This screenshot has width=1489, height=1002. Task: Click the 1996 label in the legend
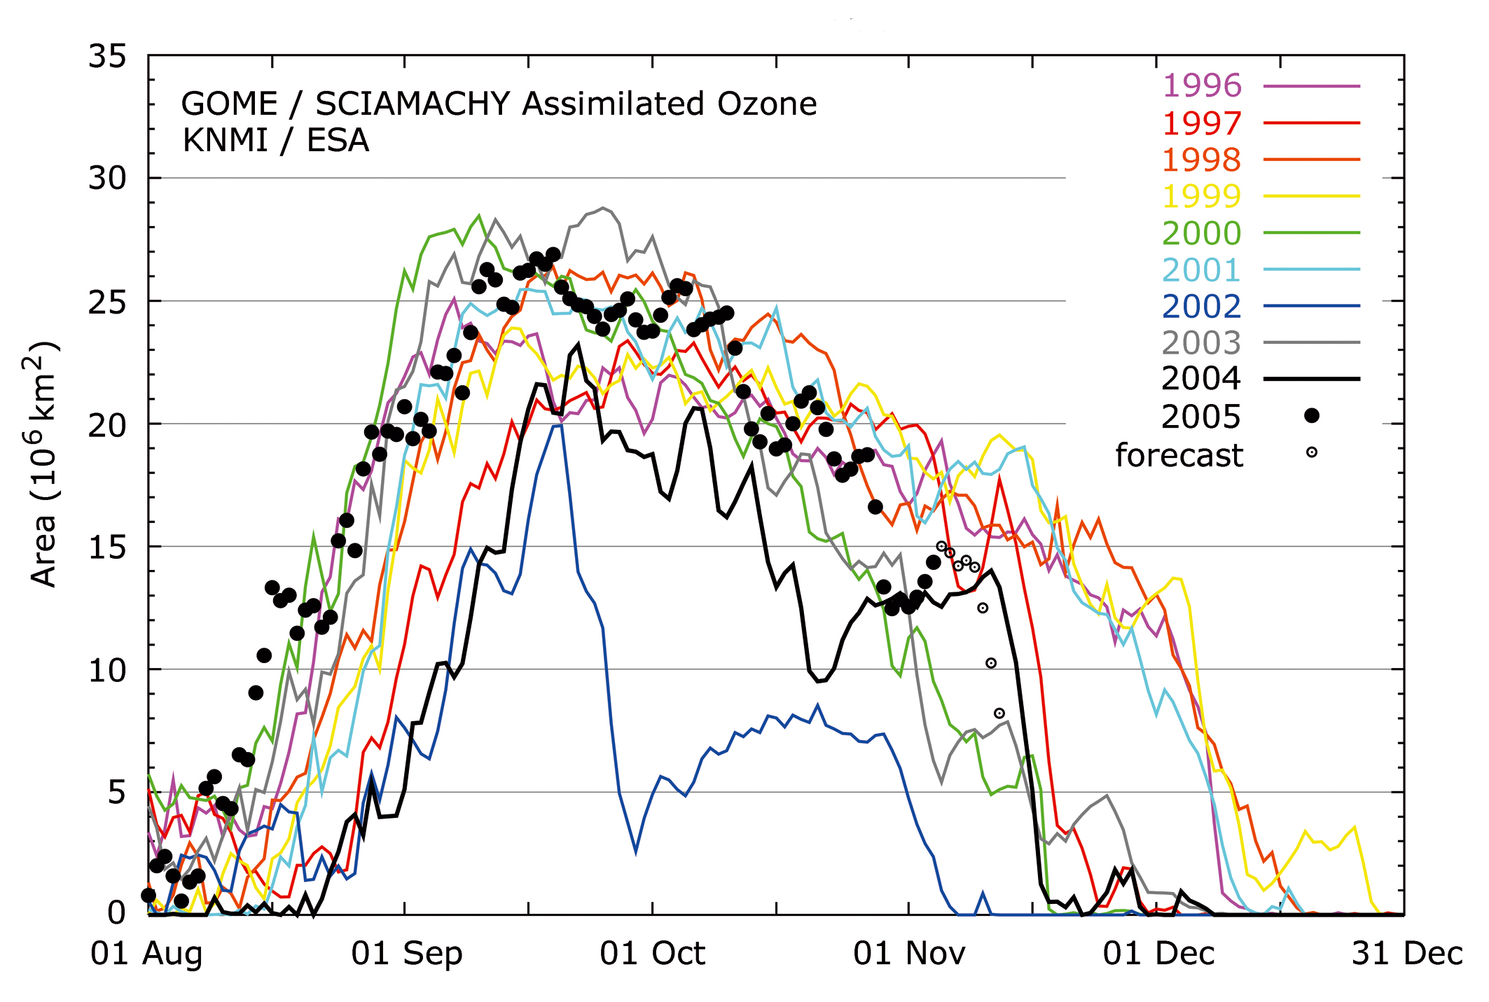(1201, 85)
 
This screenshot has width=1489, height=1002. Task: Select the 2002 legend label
(1201, 306)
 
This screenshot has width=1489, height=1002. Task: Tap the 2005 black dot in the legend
(1311, 416)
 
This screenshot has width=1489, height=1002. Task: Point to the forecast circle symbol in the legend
(1311, 452)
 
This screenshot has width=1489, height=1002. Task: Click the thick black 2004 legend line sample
(1311, 379)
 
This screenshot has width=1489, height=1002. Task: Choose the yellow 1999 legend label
(1201, 196)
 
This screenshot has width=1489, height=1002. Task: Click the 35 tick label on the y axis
(107, 56)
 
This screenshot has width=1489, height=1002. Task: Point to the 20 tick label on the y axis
(107, 424)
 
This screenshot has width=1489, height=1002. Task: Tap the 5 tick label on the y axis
(117, 793)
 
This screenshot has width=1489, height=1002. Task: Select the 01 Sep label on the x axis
(406, 954)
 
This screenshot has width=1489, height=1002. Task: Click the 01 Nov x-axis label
(908, 954)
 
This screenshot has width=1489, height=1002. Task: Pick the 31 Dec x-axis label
(1406, 954)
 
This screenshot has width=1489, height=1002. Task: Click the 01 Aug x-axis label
(146, 954)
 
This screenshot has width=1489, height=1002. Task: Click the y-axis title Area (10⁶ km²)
(43, 464)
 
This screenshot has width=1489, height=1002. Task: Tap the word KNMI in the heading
(225, 140)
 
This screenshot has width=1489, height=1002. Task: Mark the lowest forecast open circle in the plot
(999, 714)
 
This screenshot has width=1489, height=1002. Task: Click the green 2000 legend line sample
(1311, 232)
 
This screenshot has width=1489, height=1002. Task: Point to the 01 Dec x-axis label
(1158, 954)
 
